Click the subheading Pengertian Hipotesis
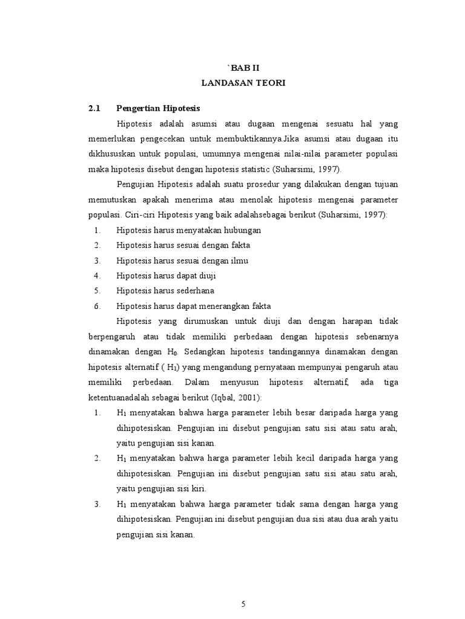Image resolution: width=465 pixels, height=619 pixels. point(158,108)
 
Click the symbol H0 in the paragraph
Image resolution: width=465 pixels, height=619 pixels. point(171,352)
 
